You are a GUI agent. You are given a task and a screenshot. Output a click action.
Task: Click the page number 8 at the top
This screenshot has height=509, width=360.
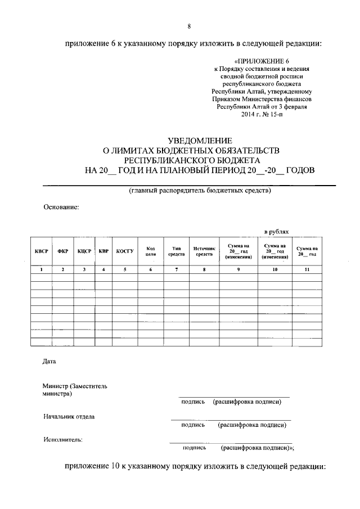[x=189, y=26]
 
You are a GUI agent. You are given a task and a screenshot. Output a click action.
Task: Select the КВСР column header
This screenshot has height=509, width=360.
[x=41, y=251]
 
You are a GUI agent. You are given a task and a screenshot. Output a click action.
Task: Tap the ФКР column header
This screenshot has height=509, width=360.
[x=63, y=251]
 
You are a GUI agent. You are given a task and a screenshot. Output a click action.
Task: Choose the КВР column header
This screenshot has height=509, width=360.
[x=103, y=251]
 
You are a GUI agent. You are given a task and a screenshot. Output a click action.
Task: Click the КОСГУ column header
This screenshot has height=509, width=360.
[x=125, y=251]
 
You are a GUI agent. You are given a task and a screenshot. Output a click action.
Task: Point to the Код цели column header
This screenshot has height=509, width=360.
[x=151, y=251]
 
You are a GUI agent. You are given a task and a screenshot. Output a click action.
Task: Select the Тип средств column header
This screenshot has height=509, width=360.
[x=176, y=251]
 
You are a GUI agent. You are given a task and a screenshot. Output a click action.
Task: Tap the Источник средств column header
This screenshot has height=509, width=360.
[x=204, y=251]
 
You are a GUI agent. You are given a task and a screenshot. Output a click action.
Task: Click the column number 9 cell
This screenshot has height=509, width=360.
[x=238, y=270]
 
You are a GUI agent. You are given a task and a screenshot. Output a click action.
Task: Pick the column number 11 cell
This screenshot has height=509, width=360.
[x=307, y=270]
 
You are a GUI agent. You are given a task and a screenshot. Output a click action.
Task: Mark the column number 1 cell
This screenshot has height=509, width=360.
[x=41, y=270]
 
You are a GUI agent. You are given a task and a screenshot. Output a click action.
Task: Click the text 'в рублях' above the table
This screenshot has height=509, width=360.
[x=277, y=231]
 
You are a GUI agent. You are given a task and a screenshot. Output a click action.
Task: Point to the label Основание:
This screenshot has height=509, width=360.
[x=61, y=206]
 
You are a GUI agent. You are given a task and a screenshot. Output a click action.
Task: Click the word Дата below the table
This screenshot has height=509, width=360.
[x=49, y=361]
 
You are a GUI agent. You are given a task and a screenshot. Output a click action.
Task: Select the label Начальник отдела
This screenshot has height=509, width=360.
[x=69, y=417]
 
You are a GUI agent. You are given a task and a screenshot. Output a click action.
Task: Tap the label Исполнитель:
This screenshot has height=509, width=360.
[x=63, y=440]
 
